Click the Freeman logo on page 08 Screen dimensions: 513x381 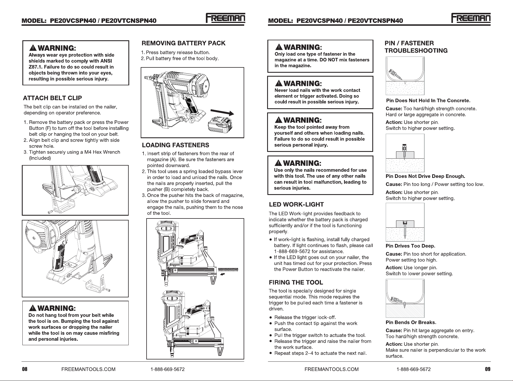[x=225, y=18]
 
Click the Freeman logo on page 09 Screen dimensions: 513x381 [x=471, y=18]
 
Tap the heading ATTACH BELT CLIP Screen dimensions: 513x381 [x=52, y=98]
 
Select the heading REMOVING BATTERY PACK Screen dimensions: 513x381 [x=183, y=43]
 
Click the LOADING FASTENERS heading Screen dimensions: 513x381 [x=175, y=145]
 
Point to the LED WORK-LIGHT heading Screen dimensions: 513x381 [x=296, y=204]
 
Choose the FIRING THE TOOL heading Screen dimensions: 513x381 [x=296, y=282]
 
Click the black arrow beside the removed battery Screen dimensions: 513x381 [x=222, y=113]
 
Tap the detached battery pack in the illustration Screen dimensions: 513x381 [x=220, y=126]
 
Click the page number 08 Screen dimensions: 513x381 [x=25, y=369]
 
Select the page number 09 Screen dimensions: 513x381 [x=488, y=369]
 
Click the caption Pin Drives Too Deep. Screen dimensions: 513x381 [x=410, y=246]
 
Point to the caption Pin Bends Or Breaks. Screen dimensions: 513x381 [x=411, y=322]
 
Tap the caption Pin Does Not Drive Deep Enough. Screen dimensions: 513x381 [x=425, y=176]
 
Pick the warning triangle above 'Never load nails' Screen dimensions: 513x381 [x=279, y=83]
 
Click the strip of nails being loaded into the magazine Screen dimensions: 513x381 [x=228, y=270]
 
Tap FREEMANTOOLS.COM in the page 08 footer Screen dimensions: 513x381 [x=88, y=369]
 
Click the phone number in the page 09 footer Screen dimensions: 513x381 [x=413, y=369]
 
